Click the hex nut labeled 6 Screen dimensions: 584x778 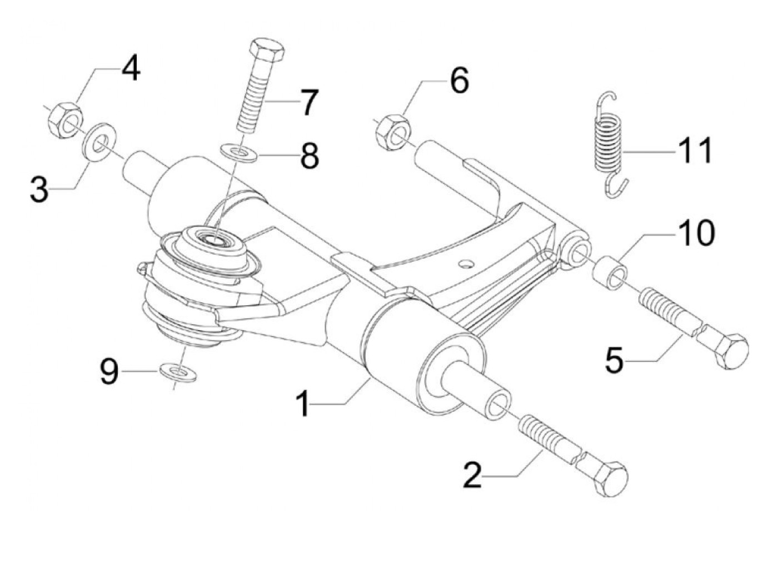click(x=393, y=132)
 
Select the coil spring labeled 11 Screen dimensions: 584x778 click(x=607, y=145)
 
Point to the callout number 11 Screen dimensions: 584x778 click(x=694, y=150)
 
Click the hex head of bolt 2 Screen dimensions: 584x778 click(x=610, y=477)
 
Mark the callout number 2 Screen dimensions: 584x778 click(x=473, y=476)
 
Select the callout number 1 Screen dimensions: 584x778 click(x=303, y=404)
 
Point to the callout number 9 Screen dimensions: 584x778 click(x=109, y=371)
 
